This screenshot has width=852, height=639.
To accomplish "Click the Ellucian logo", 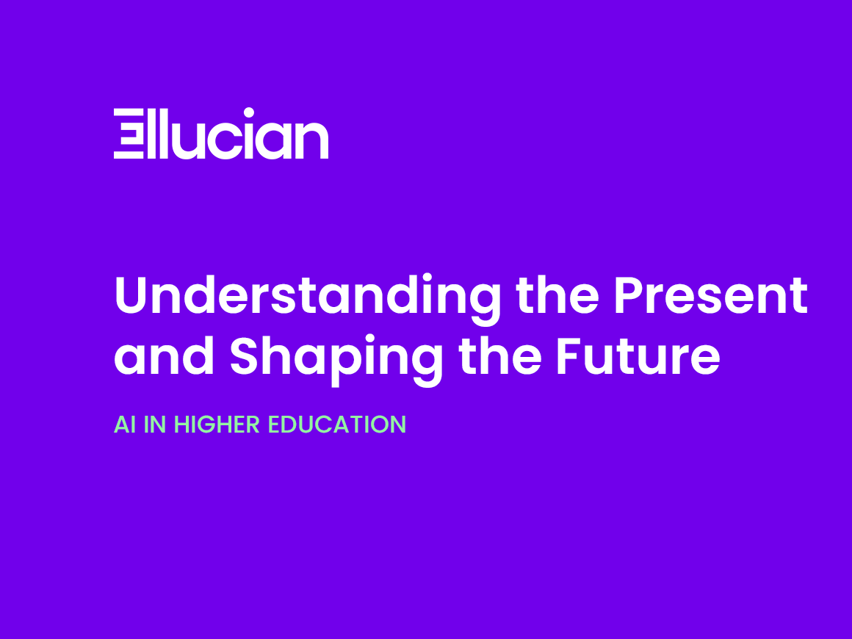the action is click(x=220, y=133).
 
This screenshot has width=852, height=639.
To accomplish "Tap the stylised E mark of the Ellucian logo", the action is click(x=129, y=134).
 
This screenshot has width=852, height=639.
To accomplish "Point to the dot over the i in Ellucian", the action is click(x=249, y=113).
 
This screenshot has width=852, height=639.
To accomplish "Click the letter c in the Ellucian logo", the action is click(x=225, y=140).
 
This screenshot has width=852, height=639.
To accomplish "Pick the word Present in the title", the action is click(x=711, y=295).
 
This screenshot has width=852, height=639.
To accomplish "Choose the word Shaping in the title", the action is click(x=336, y=358).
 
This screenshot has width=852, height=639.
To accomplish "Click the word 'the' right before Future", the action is click(x=500, y=355).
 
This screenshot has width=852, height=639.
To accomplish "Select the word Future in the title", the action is click(x=638, y=356).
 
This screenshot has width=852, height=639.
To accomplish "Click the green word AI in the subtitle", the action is click(x=125, y=425).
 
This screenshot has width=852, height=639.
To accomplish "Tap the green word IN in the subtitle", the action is click(x=155, y=425).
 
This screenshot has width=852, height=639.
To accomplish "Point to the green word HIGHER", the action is click(x=217, y=425).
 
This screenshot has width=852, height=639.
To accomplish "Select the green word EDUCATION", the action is click(x=337, y=425).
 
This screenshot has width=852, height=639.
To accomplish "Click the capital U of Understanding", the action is click(x=131, y=295).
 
